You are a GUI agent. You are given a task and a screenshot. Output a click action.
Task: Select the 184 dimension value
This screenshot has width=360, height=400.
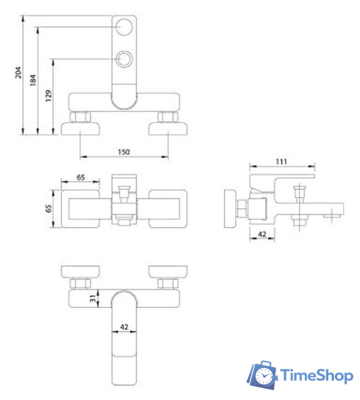click(x=32, y=81)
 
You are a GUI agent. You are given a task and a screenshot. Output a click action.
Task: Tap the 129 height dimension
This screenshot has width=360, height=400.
click(x=49, y=96)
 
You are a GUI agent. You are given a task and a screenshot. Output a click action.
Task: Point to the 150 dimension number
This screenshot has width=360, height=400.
click(x=124, y=152)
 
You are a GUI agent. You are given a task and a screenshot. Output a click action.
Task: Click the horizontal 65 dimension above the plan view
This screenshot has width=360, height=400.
click(x=81, y=177)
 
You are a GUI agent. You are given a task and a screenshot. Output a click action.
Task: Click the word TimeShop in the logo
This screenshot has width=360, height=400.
click(x=316, y=376)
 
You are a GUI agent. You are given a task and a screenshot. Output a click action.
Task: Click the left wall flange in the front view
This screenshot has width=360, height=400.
click(x=81, y=129)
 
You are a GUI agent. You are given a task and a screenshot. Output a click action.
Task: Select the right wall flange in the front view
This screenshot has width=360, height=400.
click(x=167, y=129)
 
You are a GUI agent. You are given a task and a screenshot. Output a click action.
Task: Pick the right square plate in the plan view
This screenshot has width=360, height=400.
click(x=167, y=207)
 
